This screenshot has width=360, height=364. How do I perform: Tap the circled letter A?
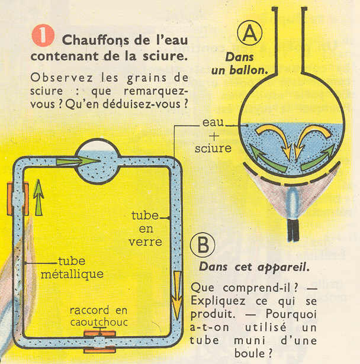(251, 37)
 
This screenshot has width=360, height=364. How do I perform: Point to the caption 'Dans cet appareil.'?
(253, 267)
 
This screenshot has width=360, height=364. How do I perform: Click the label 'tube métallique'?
(81, 268)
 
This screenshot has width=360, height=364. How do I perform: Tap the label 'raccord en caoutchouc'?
(98, 316)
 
